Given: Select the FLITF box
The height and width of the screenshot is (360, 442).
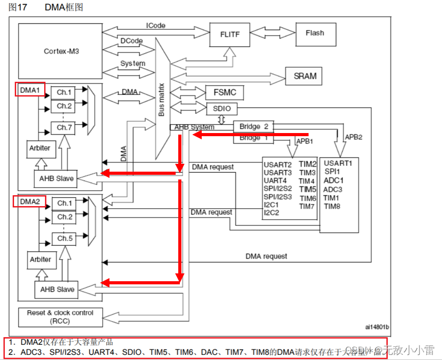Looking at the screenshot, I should (230, 34).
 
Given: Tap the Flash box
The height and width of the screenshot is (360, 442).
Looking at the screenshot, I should (314, 33).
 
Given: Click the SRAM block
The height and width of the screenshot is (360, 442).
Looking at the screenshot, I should (305, 76).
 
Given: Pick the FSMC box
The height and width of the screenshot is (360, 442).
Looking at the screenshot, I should (225, 93).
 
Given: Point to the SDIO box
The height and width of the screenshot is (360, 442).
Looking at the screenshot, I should (222, 109).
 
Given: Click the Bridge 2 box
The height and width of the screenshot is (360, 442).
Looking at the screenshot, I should (253, 126).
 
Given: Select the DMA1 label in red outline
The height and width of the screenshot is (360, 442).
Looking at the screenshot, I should (30, 90).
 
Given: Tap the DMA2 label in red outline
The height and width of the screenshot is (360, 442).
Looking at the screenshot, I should (30, 201).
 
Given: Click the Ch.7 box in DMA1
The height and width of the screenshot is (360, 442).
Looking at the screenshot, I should (64, 127).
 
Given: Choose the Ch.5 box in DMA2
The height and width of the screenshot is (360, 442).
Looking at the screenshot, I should (65, 238).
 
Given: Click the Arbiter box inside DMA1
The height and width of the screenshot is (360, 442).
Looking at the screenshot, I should (40, 148).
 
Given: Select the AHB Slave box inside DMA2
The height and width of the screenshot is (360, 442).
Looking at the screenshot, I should (57, 290).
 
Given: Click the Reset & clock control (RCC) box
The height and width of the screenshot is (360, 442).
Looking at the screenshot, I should (60, 316).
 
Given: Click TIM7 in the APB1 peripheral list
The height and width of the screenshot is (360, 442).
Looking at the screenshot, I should (308, 207).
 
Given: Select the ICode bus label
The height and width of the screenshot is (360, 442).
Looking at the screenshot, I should (155, 26).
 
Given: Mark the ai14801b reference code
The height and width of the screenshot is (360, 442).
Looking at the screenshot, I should (377, 327).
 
